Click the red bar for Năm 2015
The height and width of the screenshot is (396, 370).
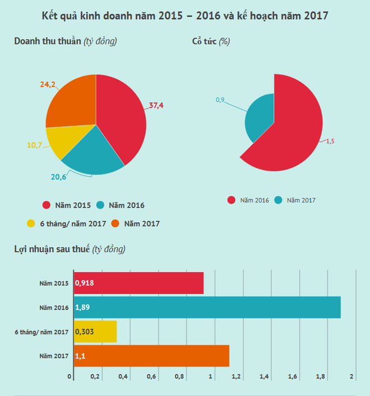138,283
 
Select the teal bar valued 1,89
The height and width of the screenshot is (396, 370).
207,307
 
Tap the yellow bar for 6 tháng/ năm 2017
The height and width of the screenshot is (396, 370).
95,332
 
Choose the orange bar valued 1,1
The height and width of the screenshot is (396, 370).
151,356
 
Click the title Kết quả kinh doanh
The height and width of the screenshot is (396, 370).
185,16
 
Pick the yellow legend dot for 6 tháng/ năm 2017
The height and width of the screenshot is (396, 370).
31,224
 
